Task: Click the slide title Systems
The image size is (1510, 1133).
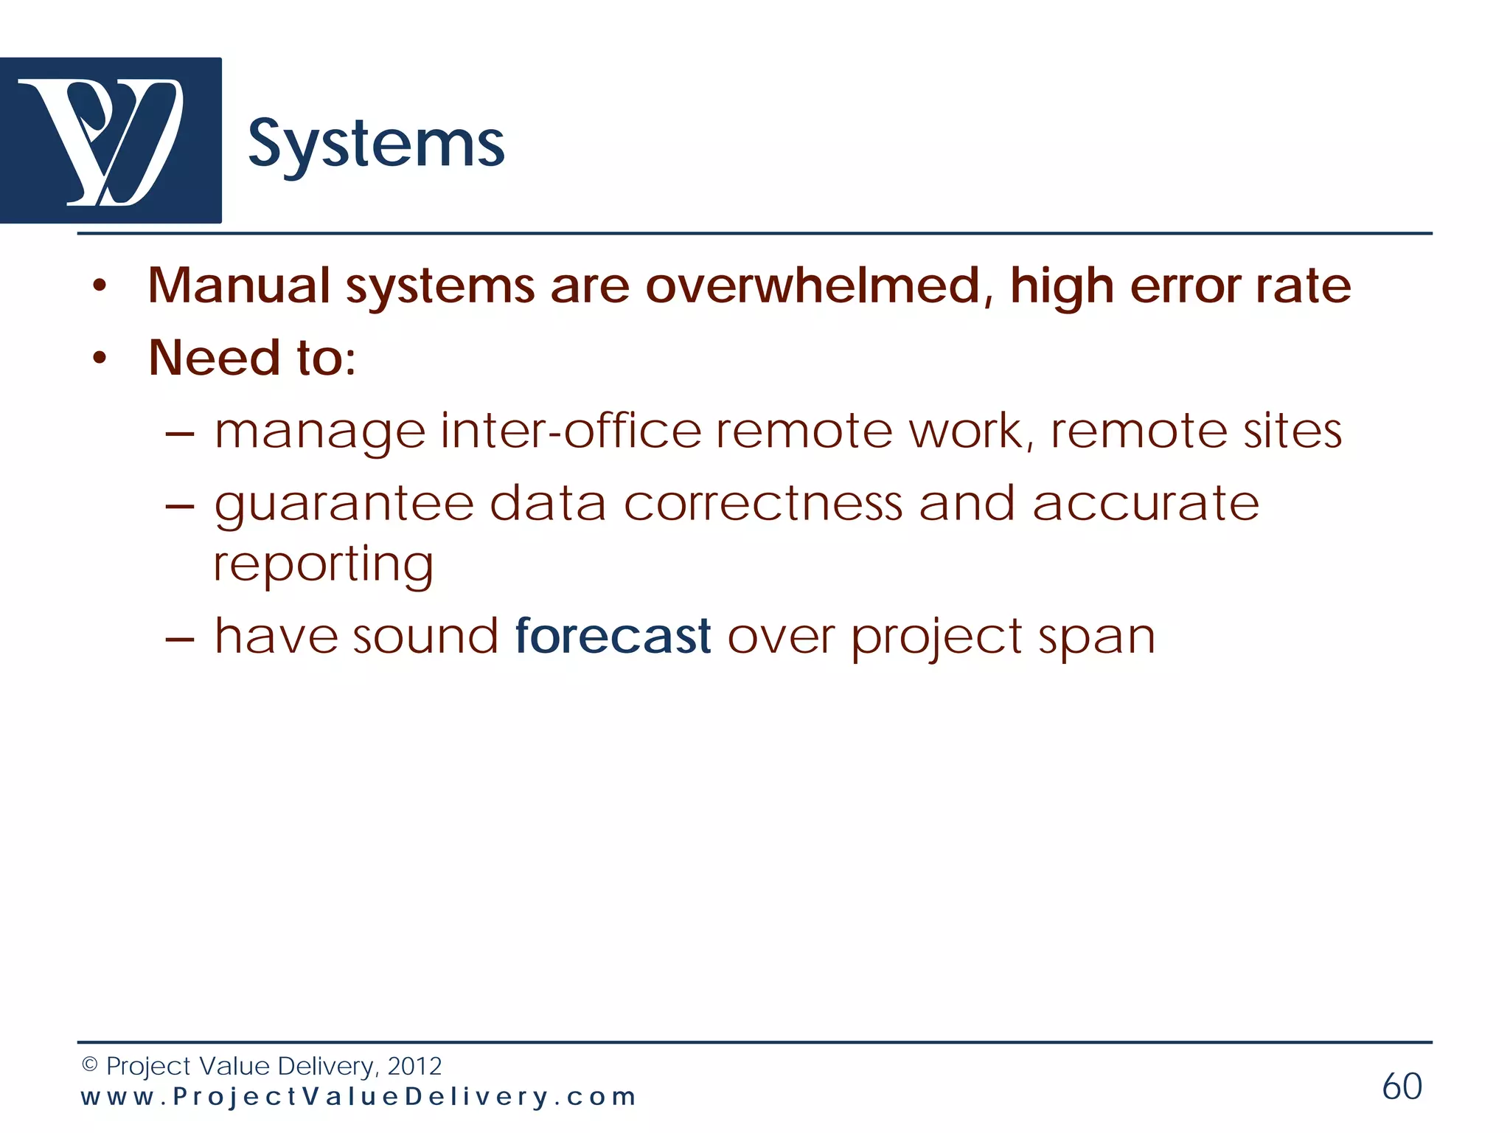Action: tap(376, 145)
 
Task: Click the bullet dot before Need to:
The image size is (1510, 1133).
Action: tap(100, 358)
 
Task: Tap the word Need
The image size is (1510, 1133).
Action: tap(214, 358)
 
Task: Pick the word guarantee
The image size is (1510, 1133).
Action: tap(344, 506)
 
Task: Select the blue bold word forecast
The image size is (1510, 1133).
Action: tap(613, 636)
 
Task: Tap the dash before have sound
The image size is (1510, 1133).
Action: tap(180, 637)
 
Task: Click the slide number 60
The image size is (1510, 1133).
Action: tap(1402, 1087)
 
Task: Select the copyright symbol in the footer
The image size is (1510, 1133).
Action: tap(89, 1065)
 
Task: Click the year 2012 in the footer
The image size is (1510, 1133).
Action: tap(414, 1066)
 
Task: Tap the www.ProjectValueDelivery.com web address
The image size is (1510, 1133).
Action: tap(358, 1097)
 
